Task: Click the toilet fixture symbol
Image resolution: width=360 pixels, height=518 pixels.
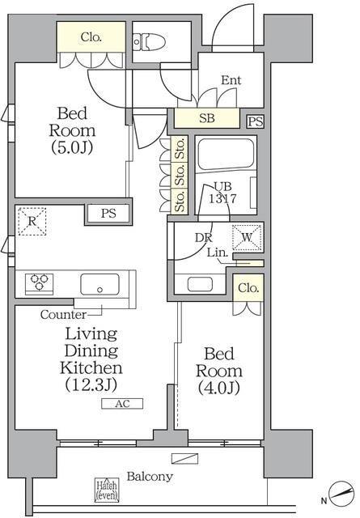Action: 150,42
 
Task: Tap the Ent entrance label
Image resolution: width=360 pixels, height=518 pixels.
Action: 231,80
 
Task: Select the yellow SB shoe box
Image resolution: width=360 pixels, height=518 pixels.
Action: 207,118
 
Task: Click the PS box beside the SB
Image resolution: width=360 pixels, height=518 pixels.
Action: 256,121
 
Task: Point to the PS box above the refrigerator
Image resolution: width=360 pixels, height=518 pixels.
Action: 108,214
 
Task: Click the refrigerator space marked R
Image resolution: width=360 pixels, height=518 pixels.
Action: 32,221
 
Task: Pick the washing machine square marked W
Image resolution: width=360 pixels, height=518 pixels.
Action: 248,237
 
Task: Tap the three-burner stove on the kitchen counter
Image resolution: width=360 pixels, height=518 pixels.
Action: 40,283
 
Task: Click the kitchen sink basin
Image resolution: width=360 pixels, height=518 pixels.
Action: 100,284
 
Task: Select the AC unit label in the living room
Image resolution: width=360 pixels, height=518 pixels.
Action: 122,404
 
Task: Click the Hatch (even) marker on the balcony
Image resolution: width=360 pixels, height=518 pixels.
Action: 106,490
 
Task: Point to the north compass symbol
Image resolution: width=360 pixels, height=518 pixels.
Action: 342,495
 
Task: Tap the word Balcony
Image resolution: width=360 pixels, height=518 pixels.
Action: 150,477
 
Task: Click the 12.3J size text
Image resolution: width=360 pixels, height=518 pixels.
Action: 91,385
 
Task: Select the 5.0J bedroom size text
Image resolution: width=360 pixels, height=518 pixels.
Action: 72,147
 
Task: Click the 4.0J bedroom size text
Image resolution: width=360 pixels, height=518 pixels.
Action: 219,388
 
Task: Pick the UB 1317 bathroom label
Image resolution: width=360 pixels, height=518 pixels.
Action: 222,193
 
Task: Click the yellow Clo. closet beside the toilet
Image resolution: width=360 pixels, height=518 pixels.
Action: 91,36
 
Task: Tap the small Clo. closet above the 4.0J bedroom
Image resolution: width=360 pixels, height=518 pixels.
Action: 248,288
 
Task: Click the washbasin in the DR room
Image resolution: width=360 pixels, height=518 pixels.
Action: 200,284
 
